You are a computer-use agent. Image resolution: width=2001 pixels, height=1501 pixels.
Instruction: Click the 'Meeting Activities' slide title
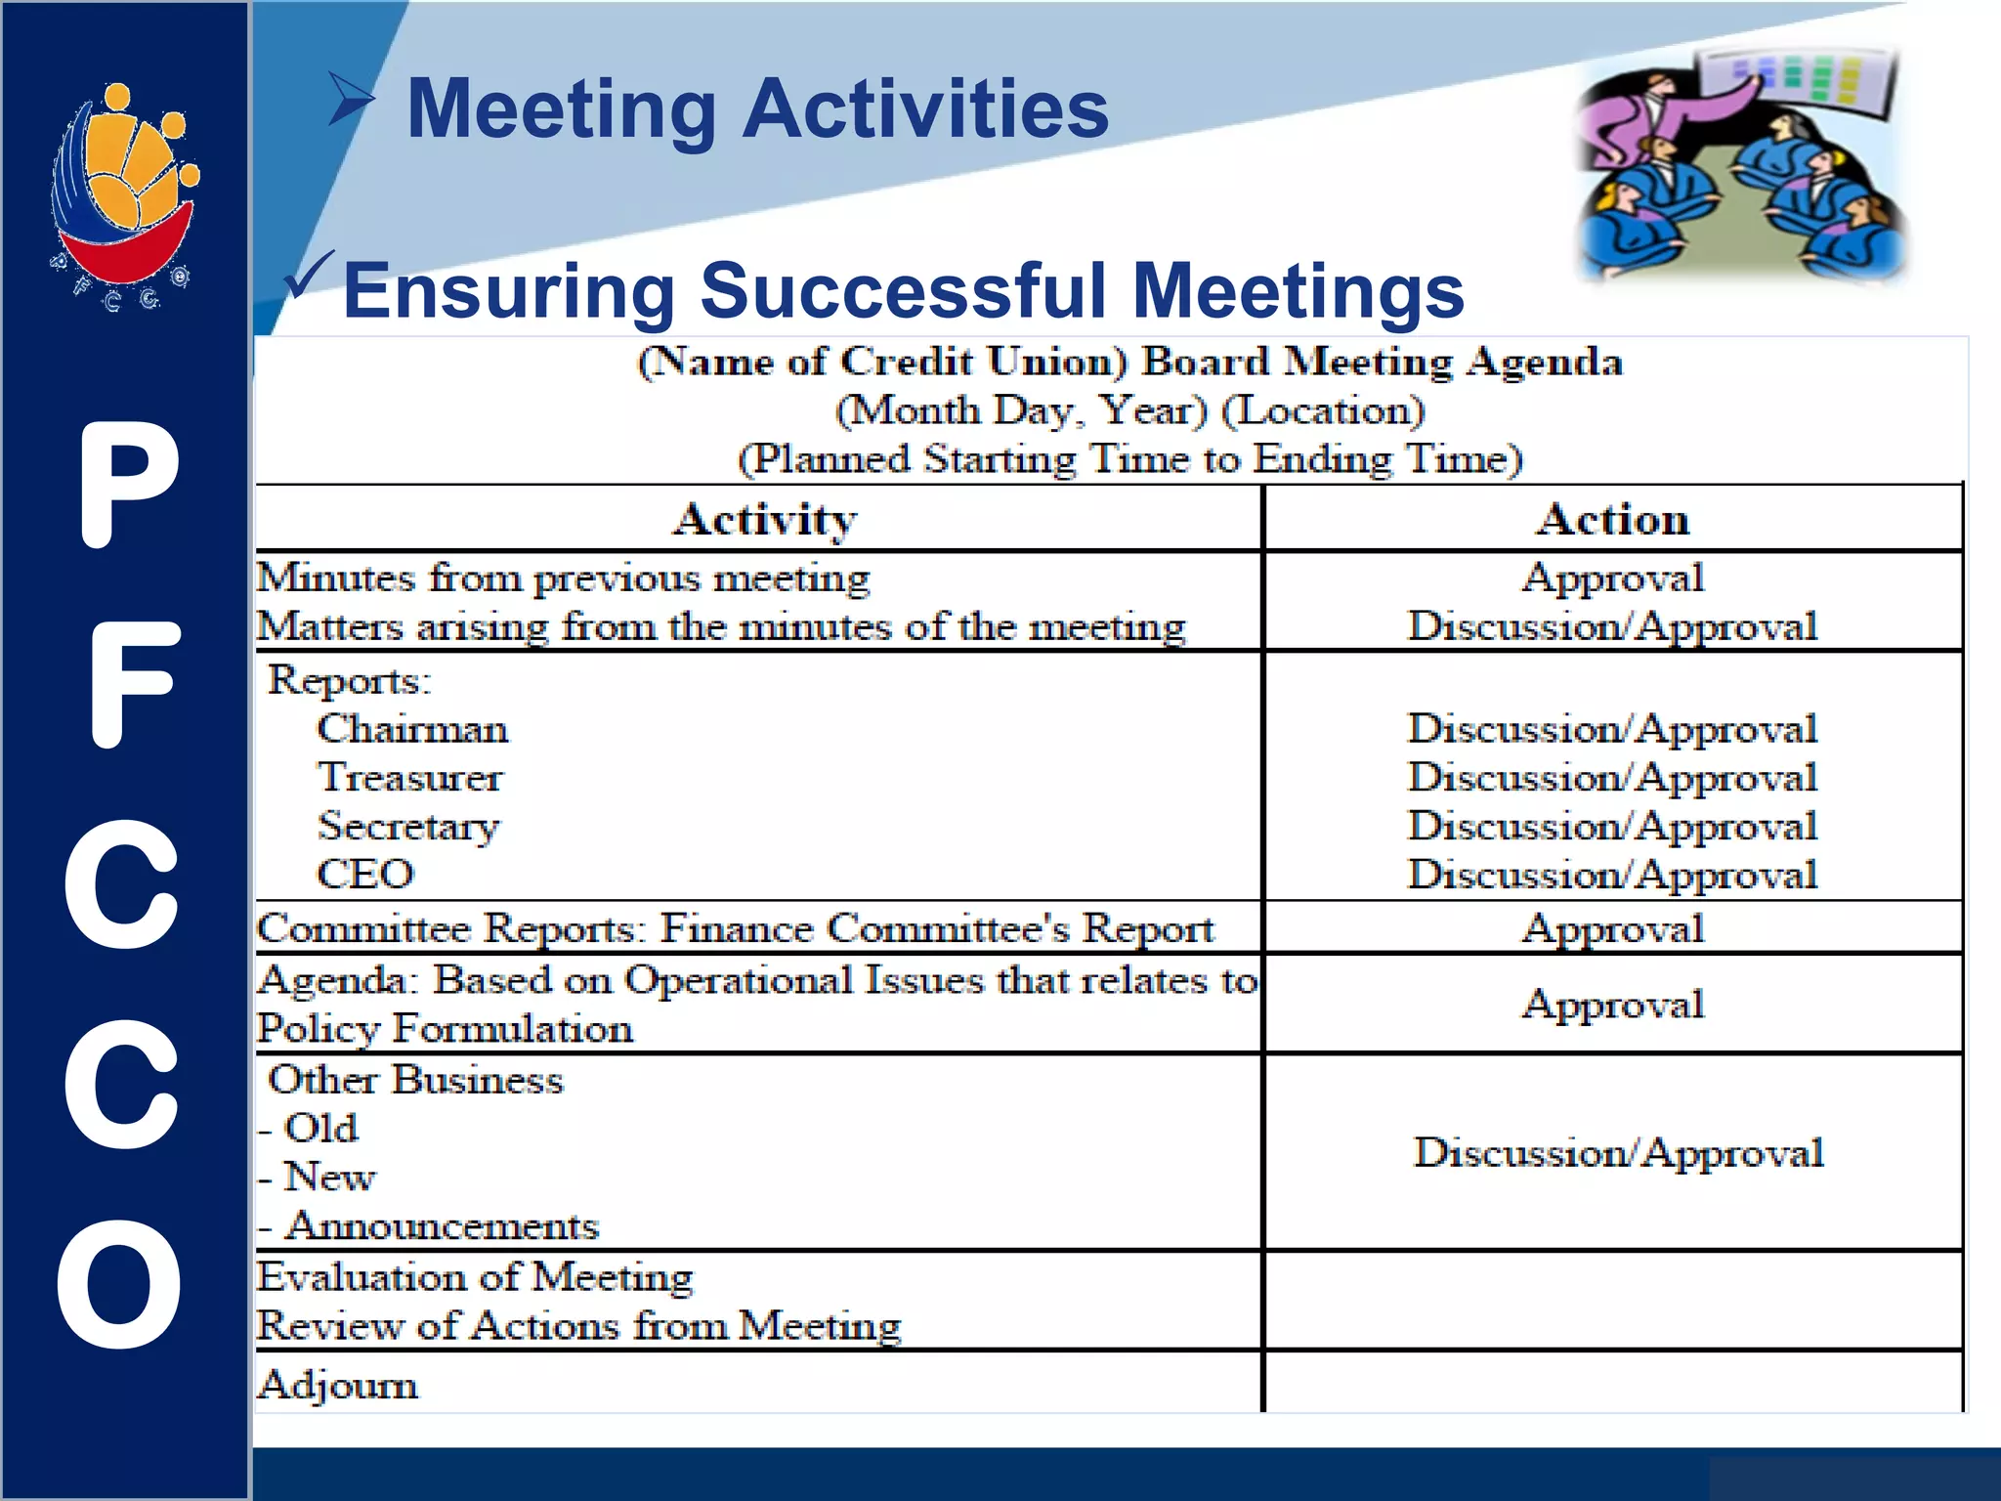pos(757,109)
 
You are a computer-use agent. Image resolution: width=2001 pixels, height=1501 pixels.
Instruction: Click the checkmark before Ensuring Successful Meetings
pos(309,276)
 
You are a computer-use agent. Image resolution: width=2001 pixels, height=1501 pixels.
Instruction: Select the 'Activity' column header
pos(765,519)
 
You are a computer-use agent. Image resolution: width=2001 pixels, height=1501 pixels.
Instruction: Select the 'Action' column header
pos(1613,519)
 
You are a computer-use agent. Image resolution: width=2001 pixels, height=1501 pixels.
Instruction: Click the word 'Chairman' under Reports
pos(412,729)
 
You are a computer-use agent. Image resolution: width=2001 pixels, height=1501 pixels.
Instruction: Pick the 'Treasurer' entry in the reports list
pos(409,778)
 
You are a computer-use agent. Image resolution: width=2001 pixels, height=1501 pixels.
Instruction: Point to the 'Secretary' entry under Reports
pos(408,827)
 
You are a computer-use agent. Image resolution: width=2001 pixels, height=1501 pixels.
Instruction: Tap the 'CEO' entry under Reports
pos(365,874)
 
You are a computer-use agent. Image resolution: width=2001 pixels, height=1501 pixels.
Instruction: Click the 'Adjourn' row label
pos(338,1385)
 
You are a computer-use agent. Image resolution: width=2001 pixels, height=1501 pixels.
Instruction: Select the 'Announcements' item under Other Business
pos(442,1225)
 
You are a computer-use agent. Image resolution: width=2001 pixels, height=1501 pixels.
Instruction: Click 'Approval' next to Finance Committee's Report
pos(1613,928)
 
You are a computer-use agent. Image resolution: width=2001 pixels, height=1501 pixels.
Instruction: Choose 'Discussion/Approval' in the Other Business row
pos(1618,1153)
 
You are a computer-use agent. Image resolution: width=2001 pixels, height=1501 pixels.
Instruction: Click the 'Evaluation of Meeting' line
pos(475,1277)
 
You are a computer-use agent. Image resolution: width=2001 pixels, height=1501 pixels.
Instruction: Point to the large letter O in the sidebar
pos(119,1283)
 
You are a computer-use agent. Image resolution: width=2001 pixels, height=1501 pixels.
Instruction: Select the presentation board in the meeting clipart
pos(1798,78)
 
